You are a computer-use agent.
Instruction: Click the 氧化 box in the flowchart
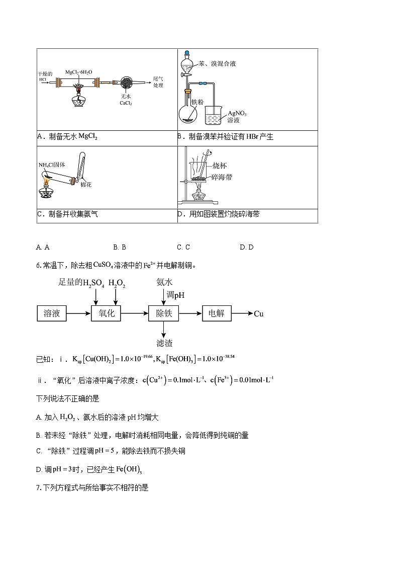[x=107, y=313]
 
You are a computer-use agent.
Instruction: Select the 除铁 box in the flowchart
[x=164, y=313]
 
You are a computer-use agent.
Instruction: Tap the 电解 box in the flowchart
[x=216, y=313]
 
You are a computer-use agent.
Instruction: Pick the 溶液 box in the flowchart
[x=52, y=313]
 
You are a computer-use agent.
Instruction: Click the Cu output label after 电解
[x=258, y=314]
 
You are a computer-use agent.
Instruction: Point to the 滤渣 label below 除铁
[x=164, y=343]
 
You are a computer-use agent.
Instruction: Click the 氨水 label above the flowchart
[x=164, y=283]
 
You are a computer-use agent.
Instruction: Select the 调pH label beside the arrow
[x=175, y=295]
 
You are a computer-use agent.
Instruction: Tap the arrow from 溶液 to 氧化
[x=79, y=313]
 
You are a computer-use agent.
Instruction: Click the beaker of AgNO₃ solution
[x=216, y=116]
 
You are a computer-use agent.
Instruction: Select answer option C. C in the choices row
[x=183, y=247]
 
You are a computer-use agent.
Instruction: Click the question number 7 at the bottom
[x=38, y=487]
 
